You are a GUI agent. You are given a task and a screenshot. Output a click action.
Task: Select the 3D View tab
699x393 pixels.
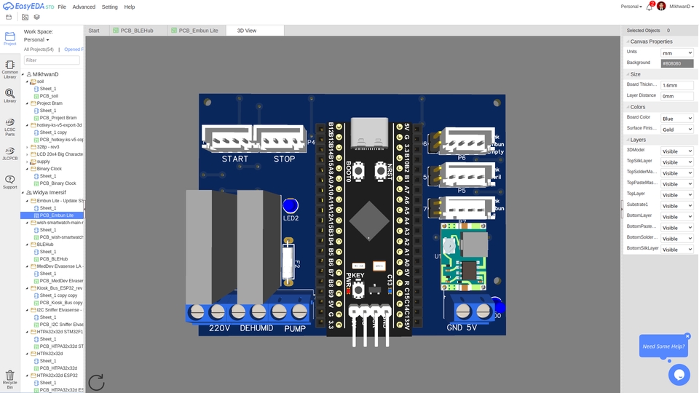pyautogui.click(x=247, y=31)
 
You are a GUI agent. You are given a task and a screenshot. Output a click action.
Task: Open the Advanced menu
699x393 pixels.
pyautogui.click(x=84, y=7)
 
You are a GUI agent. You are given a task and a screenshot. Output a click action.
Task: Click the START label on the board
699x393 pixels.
pyautogui.click(x=234, y=159)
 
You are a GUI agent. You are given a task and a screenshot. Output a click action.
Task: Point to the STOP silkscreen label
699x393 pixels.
pyautogui.click(x=284, y=159)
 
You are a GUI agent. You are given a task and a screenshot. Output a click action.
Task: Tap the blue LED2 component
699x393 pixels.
pyautogui.click(x=291, y=206)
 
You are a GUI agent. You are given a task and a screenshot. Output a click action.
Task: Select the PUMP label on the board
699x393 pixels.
pyautogui.click(x=295, y=328)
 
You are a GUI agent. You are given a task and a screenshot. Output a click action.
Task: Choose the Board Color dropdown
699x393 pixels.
pyautogui.click(x=676, y=118)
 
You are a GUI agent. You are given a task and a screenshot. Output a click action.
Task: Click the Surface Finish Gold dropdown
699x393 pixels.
pyautogui.click(x=676, y=129)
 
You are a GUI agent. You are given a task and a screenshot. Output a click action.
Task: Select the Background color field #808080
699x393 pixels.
pyautogui.click(x=676, y=63)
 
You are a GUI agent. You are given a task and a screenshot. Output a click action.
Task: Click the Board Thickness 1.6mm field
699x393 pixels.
pyautogui.click(x=676, y=85)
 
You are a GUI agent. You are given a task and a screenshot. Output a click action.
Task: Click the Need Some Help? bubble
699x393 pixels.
pyautogui.click(x=663, y=346)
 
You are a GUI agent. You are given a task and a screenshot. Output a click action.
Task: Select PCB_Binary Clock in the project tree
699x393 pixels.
pyautogui.click(x=58, y=183)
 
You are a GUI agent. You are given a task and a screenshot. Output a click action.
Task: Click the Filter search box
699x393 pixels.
pyautogui.click(x=52, y=60)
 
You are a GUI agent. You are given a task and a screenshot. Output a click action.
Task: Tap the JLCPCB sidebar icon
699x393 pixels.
pyautogui.click(x=9, y=152)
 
